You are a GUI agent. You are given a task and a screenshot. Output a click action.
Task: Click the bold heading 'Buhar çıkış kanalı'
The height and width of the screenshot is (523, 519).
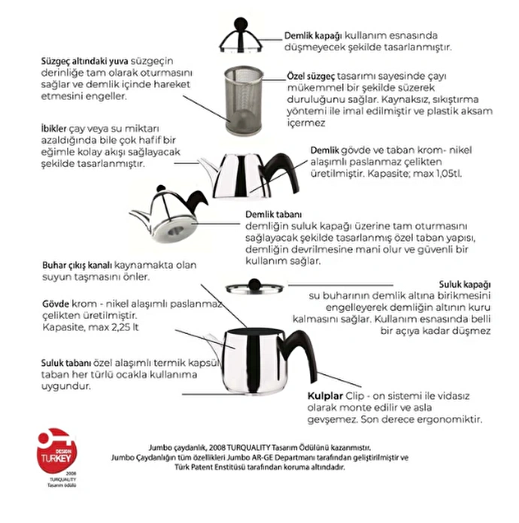[76, 266]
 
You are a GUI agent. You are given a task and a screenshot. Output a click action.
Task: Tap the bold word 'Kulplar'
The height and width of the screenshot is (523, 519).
[326, 396]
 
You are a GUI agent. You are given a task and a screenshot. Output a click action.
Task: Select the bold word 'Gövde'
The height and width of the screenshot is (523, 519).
[56, 303]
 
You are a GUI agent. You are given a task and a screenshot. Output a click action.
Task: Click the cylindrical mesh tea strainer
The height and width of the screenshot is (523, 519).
[244, 99]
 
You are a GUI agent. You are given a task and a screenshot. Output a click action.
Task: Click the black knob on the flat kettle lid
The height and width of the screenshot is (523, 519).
[254, 284]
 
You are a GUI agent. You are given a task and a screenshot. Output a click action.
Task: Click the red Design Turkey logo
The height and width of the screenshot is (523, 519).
[56, 448]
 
